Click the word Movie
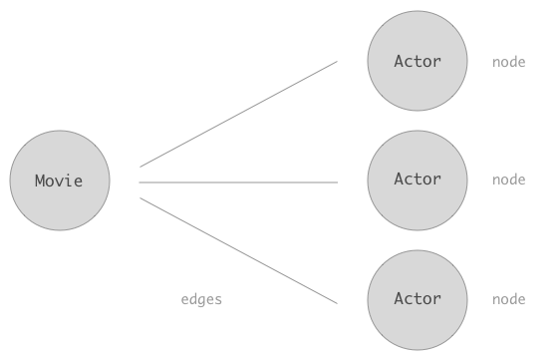point(59,180)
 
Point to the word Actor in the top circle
point(418,62)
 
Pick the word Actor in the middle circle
point(418,180)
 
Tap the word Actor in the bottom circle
point(418,299)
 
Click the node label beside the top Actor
point(508,63)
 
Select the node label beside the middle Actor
point(508,180)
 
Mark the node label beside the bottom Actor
point(508,299)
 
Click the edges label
point(201,299)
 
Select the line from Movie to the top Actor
point(239,114)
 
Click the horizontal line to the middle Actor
point(239,182)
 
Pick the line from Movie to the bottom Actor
point(239,250)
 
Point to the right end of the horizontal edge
point(337,182)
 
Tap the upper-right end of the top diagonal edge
point(337,62)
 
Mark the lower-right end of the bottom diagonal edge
point(337,302)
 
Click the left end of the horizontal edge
point(140,182)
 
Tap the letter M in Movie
point(40,180)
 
